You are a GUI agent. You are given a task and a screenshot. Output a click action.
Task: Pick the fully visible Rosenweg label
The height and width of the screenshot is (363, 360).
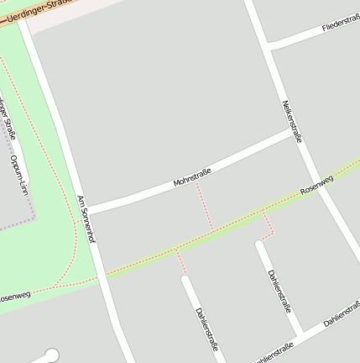(x=316, y=185)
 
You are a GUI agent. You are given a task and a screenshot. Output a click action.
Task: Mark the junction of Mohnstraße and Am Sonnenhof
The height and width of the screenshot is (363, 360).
(x=89, y=209)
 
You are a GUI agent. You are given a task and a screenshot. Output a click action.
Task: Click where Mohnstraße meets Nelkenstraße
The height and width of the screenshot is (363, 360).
(x=296, y=132)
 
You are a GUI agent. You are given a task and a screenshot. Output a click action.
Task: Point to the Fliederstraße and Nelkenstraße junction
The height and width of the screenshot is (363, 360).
(x=268, y=44)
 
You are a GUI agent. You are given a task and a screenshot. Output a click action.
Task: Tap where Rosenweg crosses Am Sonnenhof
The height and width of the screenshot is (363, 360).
(x=101, y=276)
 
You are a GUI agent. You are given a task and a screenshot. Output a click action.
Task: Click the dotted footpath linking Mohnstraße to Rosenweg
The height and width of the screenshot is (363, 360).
(x=204, y=207)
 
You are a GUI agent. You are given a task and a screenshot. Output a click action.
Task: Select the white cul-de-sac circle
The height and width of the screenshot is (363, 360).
(x=52, y=355)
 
